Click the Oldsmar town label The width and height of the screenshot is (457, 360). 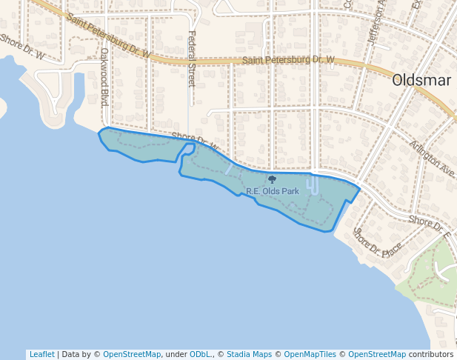coord(421,80)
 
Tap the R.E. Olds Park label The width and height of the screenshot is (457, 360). coord(273,191)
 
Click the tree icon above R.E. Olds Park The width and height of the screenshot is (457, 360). coord(272,179)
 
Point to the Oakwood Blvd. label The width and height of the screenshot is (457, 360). coord(104,77)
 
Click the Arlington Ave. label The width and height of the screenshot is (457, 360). coord(431,157)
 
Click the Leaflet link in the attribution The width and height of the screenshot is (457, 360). coord(41,354)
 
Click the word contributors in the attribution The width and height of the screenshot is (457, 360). coord(431,354)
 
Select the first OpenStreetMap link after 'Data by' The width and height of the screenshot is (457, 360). coord(132,354)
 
